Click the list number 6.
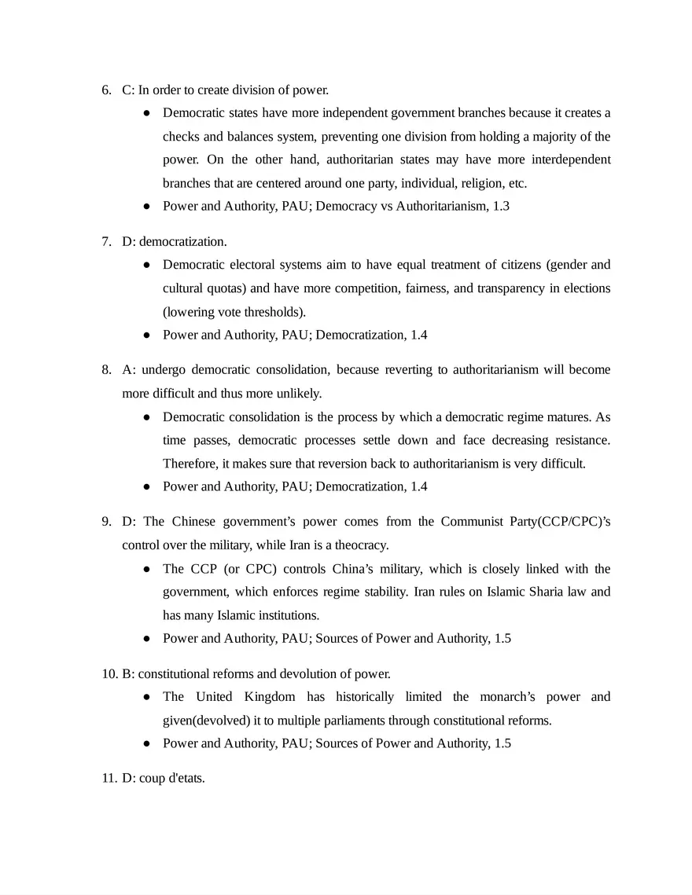click(106, 90)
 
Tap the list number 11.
click(109, 779)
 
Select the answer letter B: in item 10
click(129, 673)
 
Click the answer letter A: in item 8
click(128, 369)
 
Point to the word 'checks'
click(181, 137)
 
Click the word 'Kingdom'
click(270, 697)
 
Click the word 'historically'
click(363, 697)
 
